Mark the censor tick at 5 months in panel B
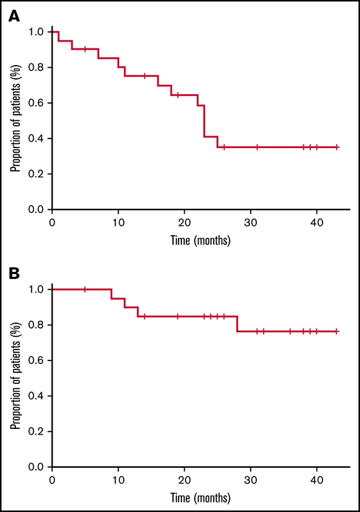85,289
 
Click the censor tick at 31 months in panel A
257,147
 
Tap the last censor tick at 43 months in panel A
336,147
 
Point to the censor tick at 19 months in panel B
178,316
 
